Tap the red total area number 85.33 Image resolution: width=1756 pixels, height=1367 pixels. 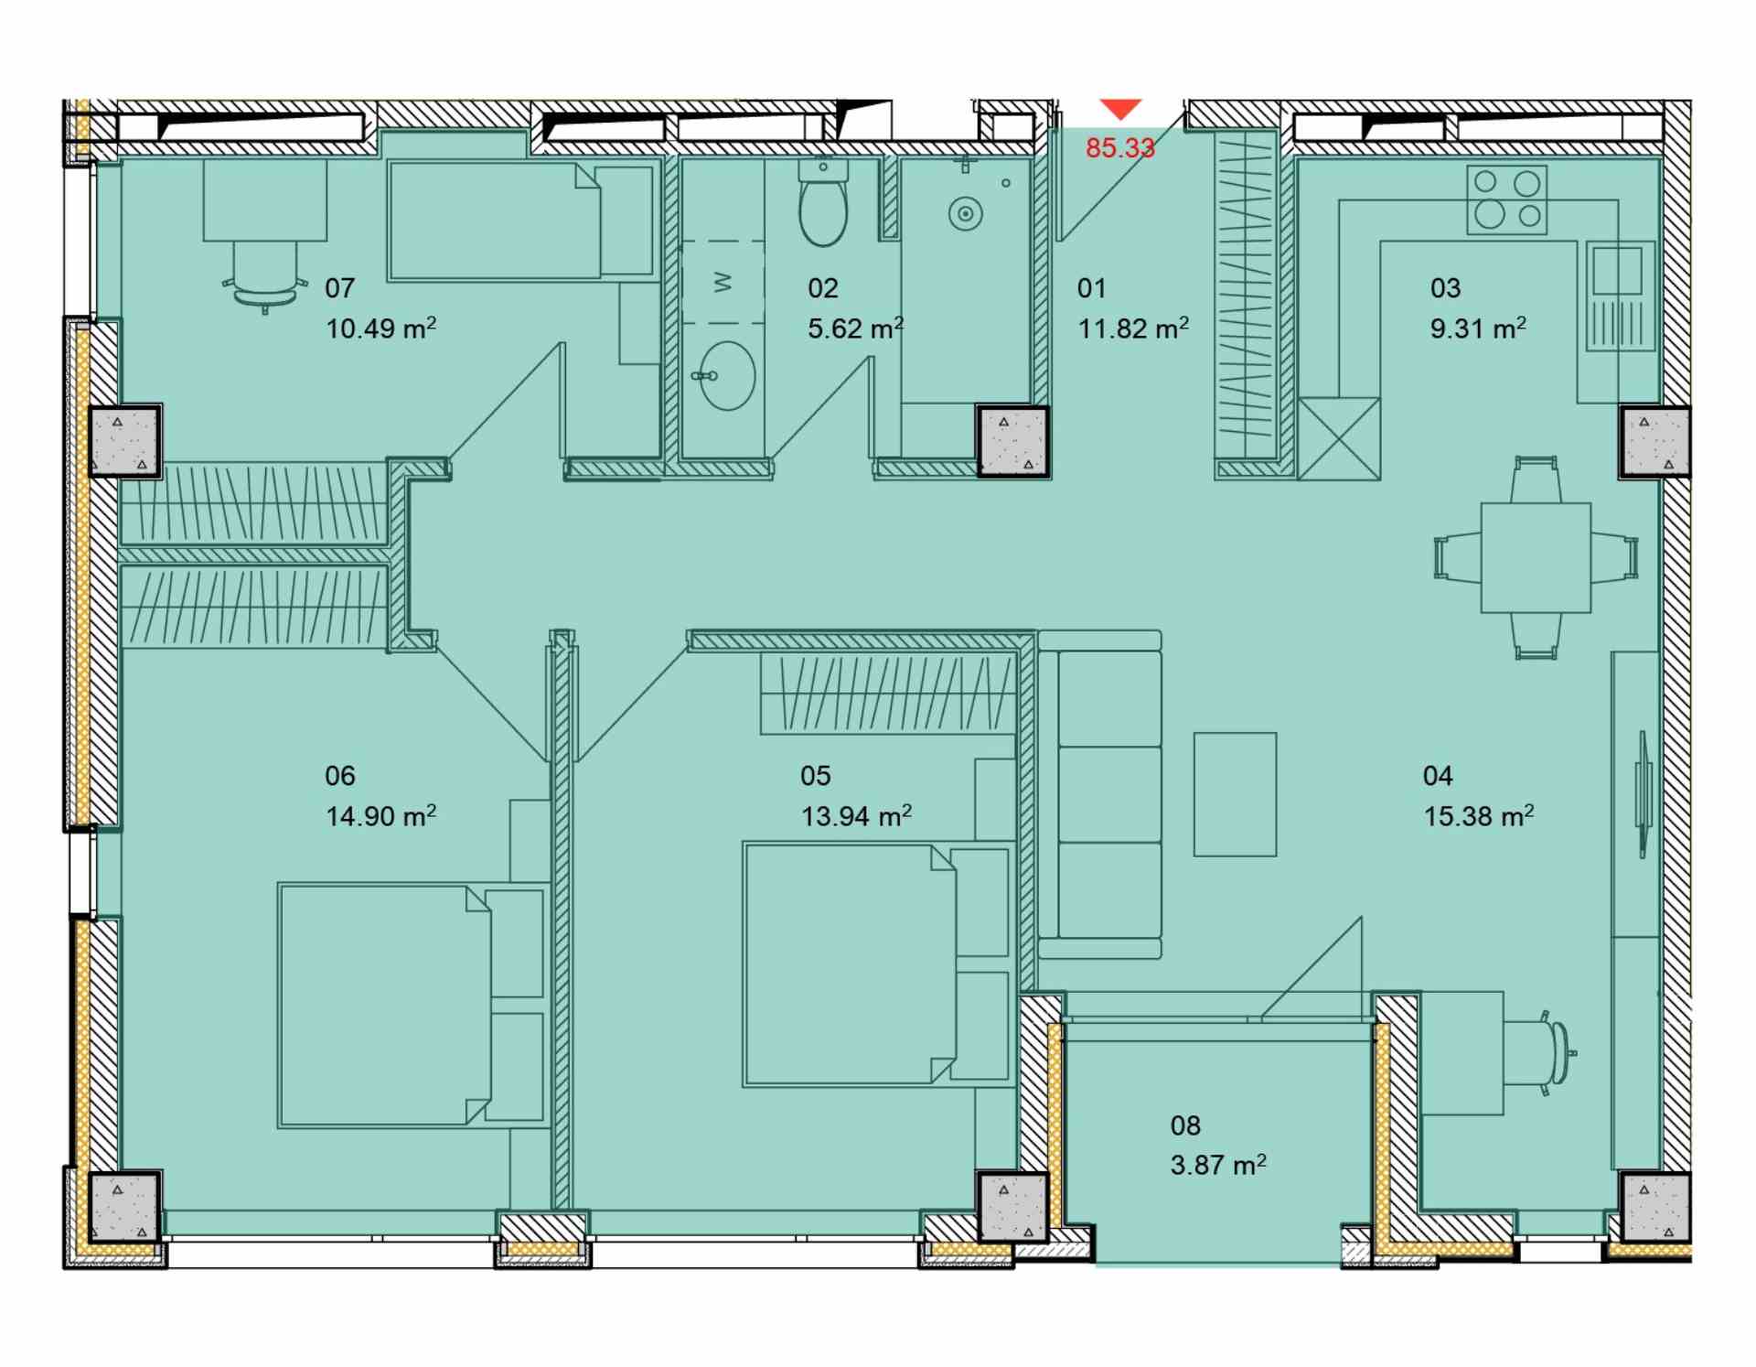[x=1120, y=147]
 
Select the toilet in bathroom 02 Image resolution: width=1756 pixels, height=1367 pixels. [x=823, y=202]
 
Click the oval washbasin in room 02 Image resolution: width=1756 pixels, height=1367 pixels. [x=726, y=375]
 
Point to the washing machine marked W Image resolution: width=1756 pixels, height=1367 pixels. [x=723, y=282]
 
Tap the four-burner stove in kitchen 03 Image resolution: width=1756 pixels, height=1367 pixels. [x=1507, y=199]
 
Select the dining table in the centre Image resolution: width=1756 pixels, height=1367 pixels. [x=1536, y=557]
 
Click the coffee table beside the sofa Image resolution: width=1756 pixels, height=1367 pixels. [x=1235, y=794]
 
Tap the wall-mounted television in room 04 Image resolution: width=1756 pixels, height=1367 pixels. [x=1644, y=794]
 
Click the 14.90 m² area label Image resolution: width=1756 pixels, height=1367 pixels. [x=380, y=814]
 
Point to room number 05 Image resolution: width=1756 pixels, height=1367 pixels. [x=815, y=776]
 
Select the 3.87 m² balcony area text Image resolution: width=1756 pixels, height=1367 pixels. [x=1218, y=1164]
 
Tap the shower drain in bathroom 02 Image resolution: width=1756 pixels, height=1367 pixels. [x=965, y=215]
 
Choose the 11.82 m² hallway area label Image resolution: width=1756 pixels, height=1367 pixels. [x=1133, y=328]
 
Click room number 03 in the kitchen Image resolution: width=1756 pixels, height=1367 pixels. [x=1445, y=288]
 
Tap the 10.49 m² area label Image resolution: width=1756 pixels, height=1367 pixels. [x=380, y=328]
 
